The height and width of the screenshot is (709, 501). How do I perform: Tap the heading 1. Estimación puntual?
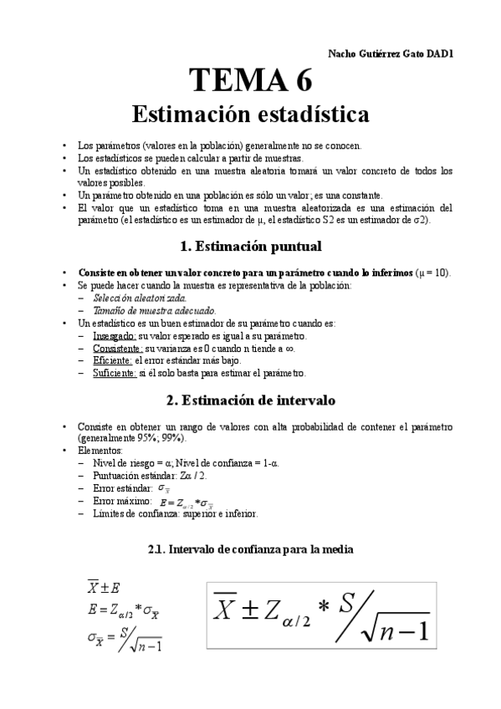tap(251, 247)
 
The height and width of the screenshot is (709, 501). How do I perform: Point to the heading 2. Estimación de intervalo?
tap(251, 400)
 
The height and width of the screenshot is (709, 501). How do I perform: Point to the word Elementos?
tap(100, 450)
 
